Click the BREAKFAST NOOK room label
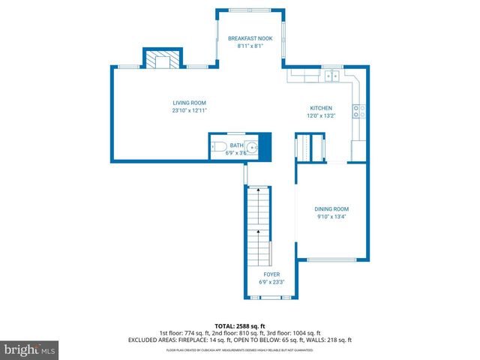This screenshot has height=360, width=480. (250, 37)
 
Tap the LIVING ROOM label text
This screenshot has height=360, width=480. (189, 103)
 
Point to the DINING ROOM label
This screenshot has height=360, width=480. (331, 208)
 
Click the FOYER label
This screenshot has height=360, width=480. (271, 274)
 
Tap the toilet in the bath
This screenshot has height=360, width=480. (219, 147)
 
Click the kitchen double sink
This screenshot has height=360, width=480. (333, 74)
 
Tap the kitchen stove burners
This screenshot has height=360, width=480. (359, 111)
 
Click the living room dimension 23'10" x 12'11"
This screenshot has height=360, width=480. (189, 110)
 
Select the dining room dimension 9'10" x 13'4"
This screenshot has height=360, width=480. (331, 217)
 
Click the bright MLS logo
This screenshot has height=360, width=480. (29, 349)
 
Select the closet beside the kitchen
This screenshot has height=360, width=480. (309, 147)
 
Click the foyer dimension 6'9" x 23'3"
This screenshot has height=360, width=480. (271, 282)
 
